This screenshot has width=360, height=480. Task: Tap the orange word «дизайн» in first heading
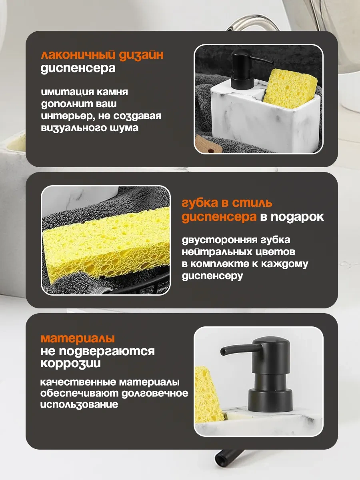click(x=140, y=55)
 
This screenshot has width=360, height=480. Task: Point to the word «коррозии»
click(x=70, y=364)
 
